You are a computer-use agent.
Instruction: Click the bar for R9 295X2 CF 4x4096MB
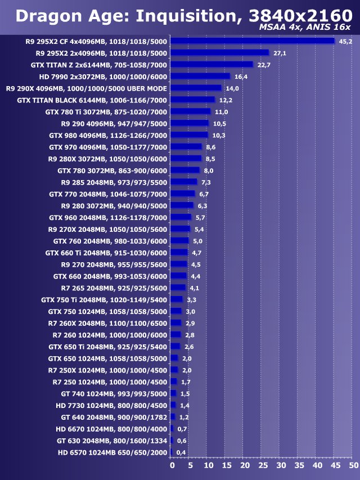click(253, 41)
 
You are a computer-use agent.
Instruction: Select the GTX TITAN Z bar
click(211, 65)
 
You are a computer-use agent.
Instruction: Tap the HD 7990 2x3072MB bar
click(200, 77)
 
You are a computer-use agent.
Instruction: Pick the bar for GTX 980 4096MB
click(189, 135)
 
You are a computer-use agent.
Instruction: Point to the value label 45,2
click(345, 41)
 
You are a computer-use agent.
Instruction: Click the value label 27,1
click(280, 53)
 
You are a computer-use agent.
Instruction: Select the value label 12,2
click(226, 100)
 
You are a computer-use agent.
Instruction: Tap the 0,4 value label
click(181, 452)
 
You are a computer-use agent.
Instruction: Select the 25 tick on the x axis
click(262, 466)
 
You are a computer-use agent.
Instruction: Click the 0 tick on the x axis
click(172, 466)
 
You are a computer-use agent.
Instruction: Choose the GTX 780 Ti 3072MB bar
click(190, 111)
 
